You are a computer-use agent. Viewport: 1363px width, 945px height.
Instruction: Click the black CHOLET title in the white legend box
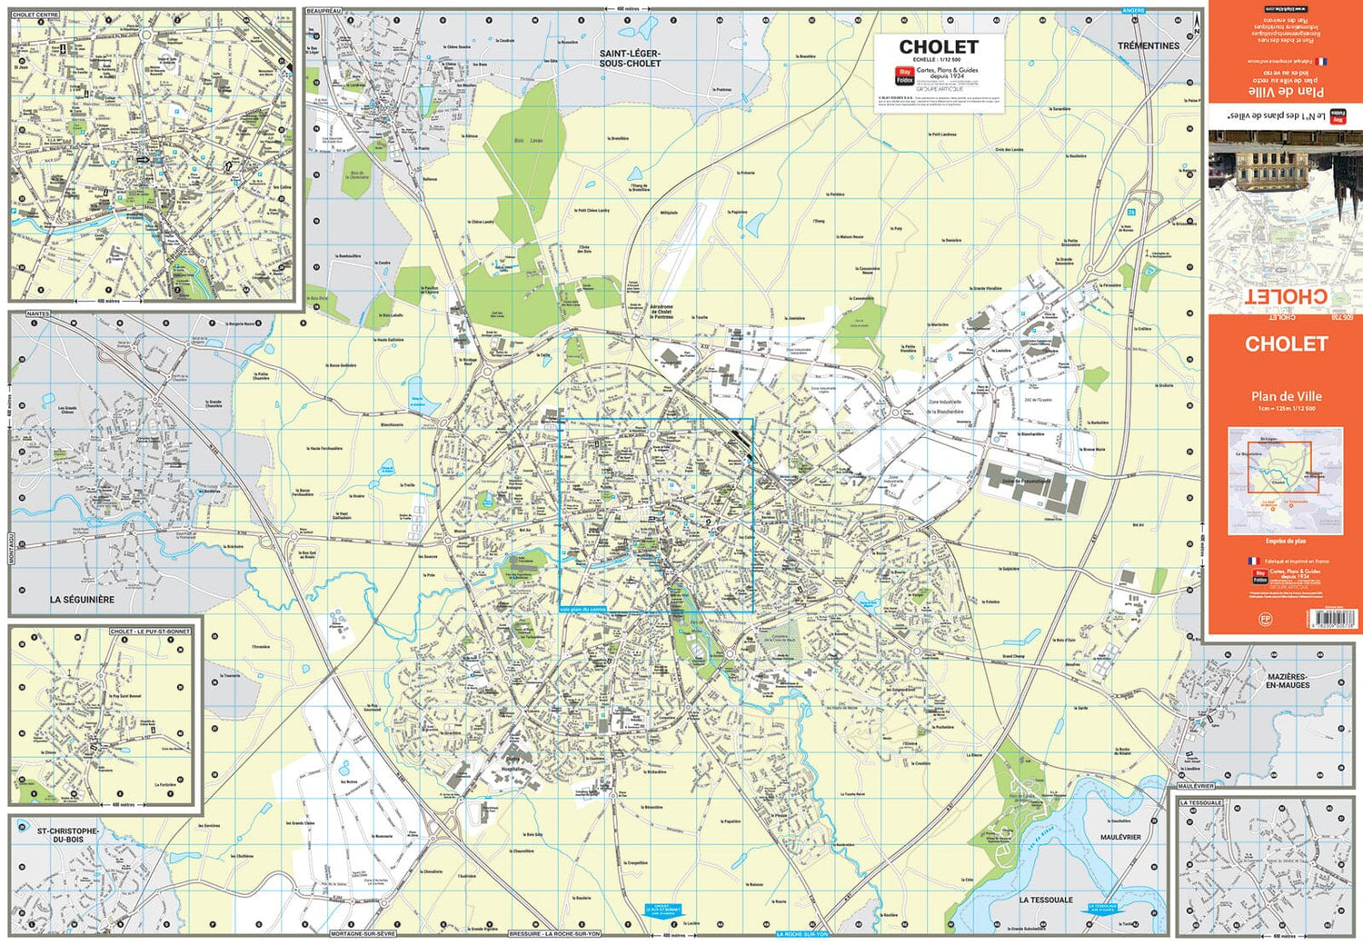[939, 47]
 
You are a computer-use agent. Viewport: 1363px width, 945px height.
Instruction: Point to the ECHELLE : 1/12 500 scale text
[937, 60]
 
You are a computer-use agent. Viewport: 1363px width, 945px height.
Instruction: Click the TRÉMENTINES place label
[1149, 45]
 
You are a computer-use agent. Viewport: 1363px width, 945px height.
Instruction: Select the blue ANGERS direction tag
[1133, 11]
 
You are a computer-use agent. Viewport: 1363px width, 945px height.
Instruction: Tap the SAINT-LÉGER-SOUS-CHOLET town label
[630, 58]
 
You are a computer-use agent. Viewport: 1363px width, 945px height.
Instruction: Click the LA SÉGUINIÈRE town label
[82, 600]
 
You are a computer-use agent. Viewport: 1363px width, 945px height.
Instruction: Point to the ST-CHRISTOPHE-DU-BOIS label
[67, 835]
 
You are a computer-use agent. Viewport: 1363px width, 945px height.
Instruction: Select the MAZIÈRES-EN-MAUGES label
[1287, 681]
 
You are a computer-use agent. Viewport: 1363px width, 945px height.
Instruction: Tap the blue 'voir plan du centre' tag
[582, 609]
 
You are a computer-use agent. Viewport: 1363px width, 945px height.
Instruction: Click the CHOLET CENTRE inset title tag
[35, 15]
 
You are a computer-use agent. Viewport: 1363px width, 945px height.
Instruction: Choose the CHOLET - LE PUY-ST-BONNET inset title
[150, 632]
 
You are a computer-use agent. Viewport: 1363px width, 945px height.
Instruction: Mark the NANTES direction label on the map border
[38, 313]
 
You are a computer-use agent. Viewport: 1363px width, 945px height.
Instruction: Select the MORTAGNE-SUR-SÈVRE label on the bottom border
[363, 934]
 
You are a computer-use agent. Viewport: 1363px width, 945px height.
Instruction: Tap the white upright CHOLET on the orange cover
[1286, 344]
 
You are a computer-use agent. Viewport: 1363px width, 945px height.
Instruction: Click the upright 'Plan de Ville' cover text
[1286, 396]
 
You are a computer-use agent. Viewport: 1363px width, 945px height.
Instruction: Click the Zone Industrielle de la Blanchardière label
[945, 406]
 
